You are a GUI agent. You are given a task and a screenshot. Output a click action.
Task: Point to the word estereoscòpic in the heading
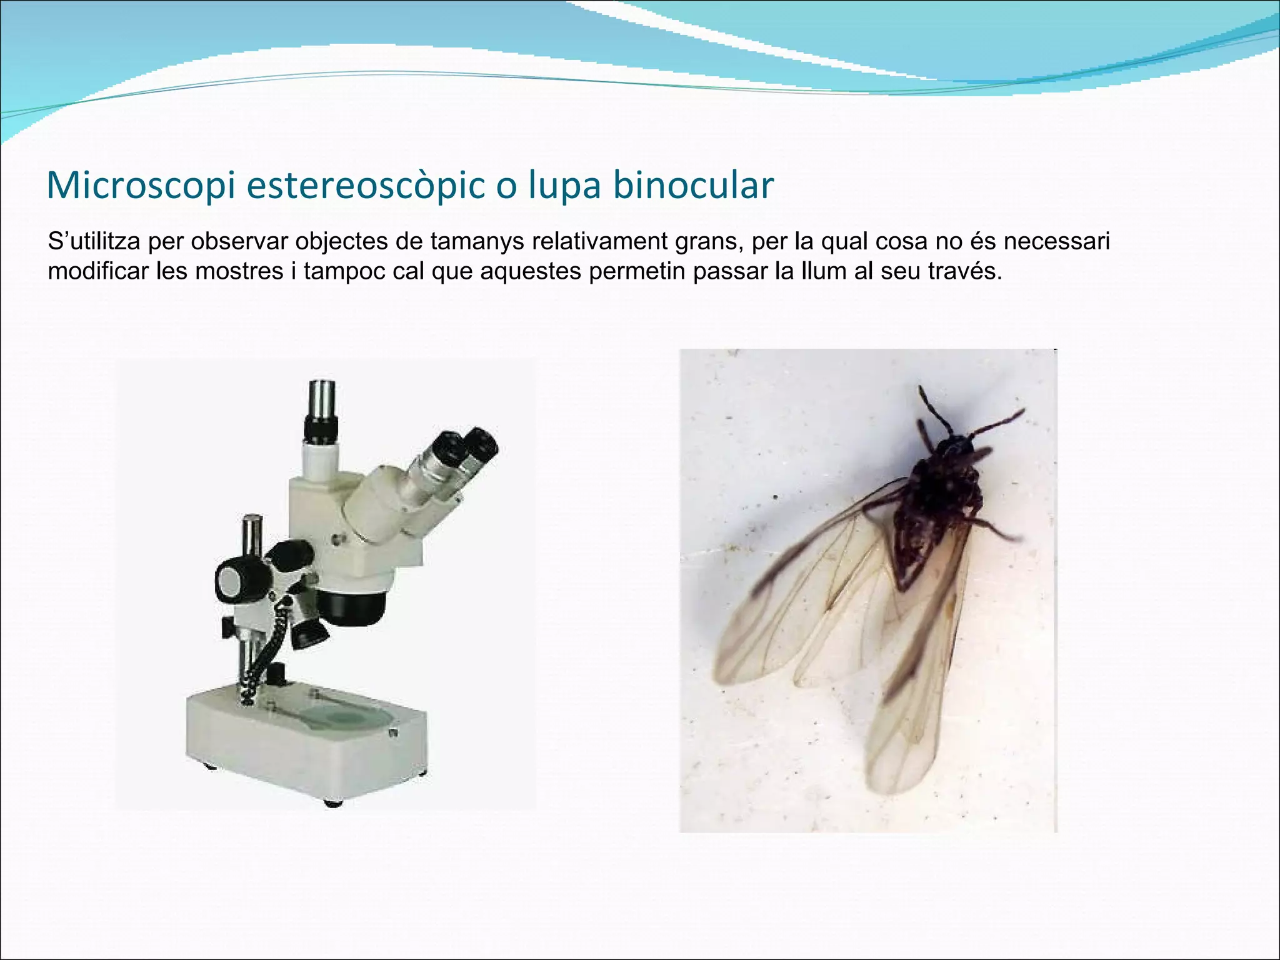pos(365,186)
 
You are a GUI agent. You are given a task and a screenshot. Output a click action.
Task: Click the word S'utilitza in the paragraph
pos(94,242)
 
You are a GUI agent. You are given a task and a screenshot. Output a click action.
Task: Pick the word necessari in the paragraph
pos(1056,242)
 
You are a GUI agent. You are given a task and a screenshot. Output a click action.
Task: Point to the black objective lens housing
pos(353,606)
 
